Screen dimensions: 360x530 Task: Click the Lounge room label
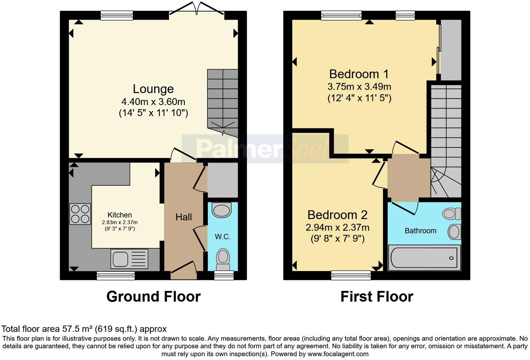point(153,89)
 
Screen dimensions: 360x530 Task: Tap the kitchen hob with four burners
point(80,213)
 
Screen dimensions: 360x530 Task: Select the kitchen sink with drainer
point(129,259)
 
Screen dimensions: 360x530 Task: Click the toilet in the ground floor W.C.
point(223,259)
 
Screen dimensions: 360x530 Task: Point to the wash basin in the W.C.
point(221,210)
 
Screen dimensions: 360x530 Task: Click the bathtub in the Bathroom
point(424,258)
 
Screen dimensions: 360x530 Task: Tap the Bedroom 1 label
point(359,74)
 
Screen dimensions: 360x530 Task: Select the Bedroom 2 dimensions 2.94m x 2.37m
point(337,227)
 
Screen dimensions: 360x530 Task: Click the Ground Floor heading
point(153,297)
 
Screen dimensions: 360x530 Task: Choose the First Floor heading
point(377,297)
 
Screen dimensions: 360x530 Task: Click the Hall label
point(183,217)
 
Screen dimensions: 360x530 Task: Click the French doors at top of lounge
point(197,10)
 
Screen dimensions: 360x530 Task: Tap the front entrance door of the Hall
point(183,270)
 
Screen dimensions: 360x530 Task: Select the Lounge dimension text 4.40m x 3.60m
point(153,102)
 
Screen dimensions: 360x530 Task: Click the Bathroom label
point(420,231)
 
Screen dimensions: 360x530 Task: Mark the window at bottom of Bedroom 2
point(351,276)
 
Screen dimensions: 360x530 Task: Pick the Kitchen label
point(120,215)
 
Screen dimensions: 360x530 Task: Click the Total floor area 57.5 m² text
point(84,329)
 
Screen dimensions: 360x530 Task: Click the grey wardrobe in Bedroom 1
point(451,50)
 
